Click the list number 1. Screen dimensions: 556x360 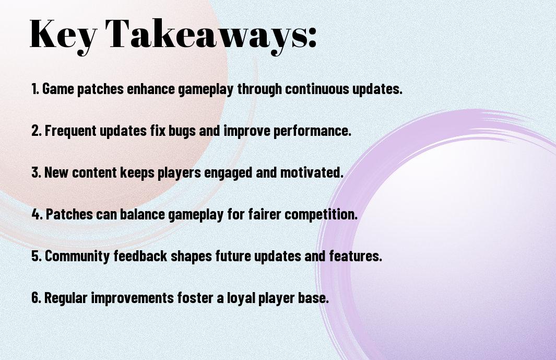click(35, 89)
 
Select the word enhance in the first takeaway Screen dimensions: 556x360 click(151, 89)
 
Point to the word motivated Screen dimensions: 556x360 click(312, 172)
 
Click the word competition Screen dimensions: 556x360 click(321, 215)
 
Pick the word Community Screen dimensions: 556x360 click(77, 257)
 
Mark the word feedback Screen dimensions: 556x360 click(140, 256)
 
